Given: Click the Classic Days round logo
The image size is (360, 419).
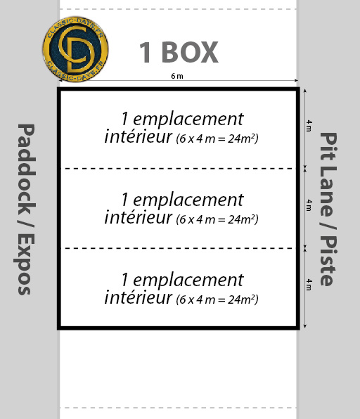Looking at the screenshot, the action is (75, 49).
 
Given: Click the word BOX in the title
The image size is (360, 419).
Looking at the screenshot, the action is (190, 52).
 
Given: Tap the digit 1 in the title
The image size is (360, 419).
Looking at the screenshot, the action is (146, 52).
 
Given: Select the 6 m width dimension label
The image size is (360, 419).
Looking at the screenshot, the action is (177, 76).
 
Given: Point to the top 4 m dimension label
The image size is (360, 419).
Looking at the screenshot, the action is (309, 126).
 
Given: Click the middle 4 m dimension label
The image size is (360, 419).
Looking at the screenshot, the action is (309, 205).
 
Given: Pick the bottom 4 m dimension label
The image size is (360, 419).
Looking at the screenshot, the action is (309, 285).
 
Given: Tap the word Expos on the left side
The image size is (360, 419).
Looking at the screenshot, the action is (24, 264).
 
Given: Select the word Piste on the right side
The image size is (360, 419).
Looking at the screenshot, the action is (328, 261).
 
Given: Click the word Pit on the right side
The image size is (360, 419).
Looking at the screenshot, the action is (328, 146).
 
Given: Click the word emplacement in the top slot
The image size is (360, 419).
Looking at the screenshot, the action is (188, 120).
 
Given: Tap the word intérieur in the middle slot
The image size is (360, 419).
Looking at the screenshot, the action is (138, 217).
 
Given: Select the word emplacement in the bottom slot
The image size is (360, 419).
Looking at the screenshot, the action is (188, 281).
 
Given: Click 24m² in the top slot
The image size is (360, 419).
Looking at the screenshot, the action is (243, 138).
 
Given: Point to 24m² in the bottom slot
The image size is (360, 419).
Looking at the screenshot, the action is (243, 299).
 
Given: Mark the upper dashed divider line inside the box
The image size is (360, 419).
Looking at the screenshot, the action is (179, 169).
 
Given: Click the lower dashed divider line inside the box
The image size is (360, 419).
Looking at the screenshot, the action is (179, 248).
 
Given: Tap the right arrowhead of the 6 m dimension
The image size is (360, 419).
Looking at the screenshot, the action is (296, 80).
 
